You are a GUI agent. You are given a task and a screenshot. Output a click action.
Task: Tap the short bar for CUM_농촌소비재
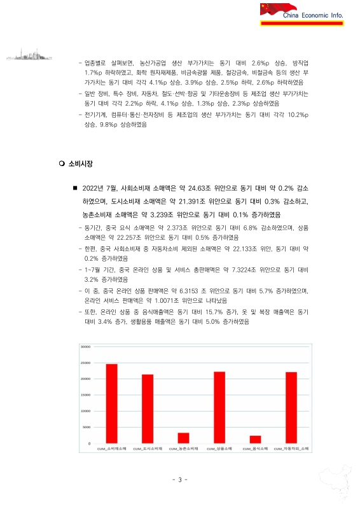point(183,437)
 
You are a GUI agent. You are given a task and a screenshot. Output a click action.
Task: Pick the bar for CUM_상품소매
point(219,407)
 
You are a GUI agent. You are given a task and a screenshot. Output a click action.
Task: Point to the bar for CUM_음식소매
point(255,439)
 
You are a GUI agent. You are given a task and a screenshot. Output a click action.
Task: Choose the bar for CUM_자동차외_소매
point(291,407)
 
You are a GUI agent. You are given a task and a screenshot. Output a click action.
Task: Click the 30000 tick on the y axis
point(86,347)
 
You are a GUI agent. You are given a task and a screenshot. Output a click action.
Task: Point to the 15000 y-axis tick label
point(86,395)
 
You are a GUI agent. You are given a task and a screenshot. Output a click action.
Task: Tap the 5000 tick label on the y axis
point(87,427)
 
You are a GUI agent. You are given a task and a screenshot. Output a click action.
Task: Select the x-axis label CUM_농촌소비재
point(183,449)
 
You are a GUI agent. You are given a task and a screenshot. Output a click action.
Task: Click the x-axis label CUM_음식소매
point(255,449)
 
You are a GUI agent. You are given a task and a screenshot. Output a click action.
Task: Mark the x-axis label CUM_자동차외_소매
point(291,449)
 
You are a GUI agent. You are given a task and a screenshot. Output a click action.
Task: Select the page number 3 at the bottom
point(180,480)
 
